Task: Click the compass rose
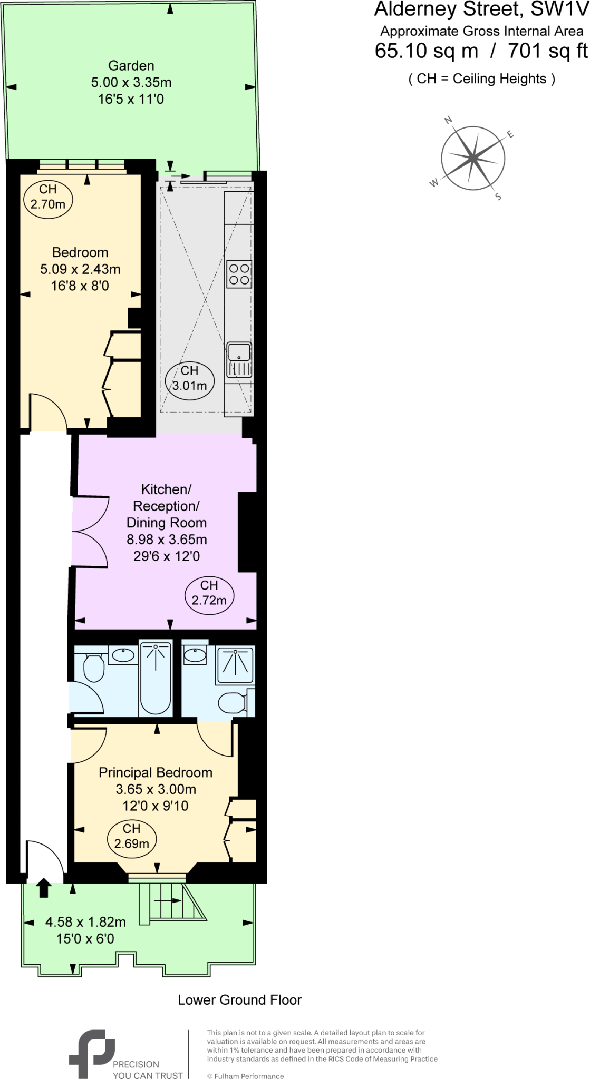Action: [x=473, y=158]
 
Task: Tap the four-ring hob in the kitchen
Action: [x=239, y=274]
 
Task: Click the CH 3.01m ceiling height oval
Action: [x=190, y=379]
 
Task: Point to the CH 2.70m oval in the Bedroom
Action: [x=48, y=197]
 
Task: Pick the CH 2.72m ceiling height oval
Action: [x=209, y=593]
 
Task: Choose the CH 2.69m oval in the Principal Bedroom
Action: [x=132, y=836]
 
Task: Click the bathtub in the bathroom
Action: [x=156, y=679]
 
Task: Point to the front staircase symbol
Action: [x=171, y=902]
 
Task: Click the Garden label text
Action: [x=131, y=66]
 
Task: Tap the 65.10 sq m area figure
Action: [x=426, y=51]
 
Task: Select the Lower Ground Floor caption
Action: [x=239, y=1000]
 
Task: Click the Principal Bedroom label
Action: [x=156, y=773]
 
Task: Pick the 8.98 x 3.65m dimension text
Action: [x=167, y=539]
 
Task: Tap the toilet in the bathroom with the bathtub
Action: [x=94, y=668]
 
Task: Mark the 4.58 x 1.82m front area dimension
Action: [x=85, y=922]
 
